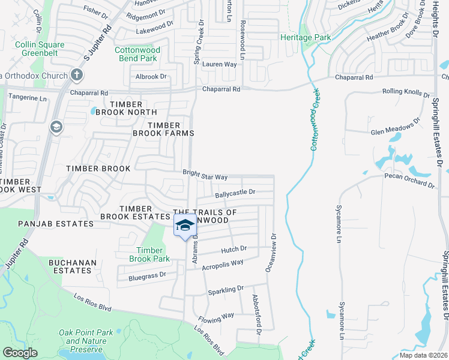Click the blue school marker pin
[185, 226]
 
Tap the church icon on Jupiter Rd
[76, 75]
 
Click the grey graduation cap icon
[56, 127]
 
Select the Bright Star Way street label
[205, 177]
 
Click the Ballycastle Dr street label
[235, 193]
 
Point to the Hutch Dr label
[234, 248]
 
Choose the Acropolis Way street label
[222, 263]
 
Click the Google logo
[20, 353]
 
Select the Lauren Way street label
[219, 64]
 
